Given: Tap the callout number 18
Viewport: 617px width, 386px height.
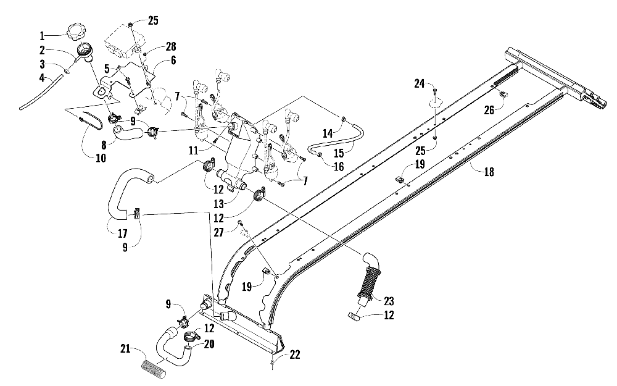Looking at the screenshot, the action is [x=489, y=172].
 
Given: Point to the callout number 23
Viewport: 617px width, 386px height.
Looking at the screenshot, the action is [x=389, y=301].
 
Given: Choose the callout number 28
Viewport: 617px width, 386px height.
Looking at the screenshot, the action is [x=170, y=46].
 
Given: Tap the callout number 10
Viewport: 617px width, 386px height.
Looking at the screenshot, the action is [x=101, y=158].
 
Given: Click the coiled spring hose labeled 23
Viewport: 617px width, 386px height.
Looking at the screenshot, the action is [x=370, y=280].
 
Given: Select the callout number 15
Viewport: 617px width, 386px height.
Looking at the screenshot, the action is [x=339, y=153].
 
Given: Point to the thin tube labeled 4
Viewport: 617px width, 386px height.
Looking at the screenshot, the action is [x=41, y=90].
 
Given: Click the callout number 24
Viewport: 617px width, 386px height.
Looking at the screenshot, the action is [x=419, y=83].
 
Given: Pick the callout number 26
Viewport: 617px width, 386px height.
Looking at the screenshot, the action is [x=489, y=110].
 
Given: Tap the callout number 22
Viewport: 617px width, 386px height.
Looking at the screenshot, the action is [x=295, y=355].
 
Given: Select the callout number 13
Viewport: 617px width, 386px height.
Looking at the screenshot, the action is [x=218, y=204].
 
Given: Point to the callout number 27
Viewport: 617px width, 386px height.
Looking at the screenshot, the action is [x=218, y=232].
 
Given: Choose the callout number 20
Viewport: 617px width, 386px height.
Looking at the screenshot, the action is [x=209, y=344].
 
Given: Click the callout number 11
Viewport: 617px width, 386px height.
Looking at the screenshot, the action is [x=193, y=151].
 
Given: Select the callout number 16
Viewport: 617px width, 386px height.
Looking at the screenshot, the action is [x=339, y=167].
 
